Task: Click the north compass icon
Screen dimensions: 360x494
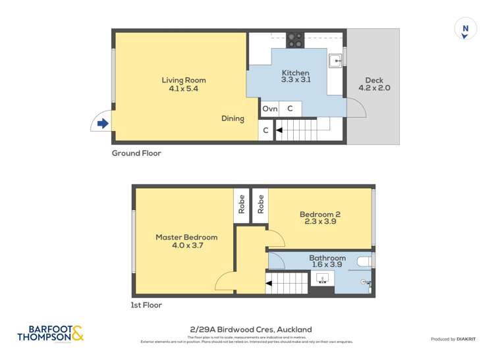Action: tap(466, 29)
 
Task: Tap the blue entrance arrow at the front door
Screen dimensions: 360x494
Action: tap(102, 123)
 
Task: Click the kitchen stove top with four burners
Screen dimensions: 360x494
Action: tap(295, 39)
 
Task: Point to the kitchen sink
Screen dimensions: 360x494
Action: tap(336, 61)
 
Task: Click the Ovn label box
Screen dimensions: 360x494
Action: tap(270, 109)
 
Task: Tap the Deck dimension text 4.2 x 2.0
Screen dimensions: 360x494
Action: tap(374, 88)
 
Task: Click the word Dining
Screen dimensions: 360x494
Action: tap(233, 119)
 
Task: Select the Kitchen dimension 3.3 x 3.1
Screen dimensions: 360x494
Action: tap(296, 80)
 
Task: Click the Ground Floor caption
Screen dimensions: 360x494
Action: tap(136, 153)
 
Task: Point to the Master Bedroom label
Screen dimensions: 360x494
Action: tap(186, 237)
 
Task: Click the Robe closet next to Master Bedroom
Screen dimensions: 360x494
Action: tap(242, 205)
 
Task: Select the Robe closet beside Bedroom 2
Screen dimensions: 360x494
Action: tap(261, 205)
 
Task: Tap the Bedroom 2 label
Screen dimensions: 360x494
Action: tap(320, 214)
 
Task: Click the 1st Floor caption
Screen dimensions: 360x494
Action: tap(146, 305)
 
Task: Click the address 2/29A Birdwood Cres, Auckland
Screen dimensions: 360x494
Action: tap(246, 330)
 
